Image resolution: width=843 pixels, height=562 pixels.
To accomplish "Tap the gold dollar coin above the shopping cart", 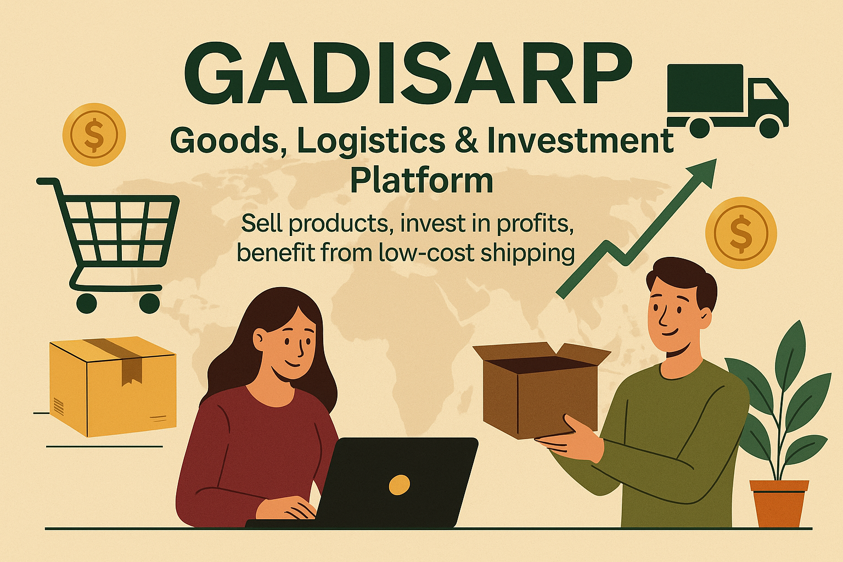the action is point(94,134).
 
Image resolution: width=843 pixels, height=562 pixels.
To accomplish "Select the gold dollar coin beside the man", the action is point(741,233).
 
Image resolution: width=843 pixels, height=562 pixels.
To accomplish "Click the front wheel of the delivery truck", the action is point(769,127).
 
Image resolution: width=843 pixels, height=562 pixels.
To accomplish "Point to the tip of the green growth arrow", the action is point(716,159).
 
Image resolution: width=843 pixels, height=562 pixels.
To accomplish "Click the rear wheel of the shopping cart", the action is point(87,303).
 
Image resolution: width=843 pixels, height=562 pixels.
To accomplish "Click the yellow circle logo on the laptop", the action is point(400,485).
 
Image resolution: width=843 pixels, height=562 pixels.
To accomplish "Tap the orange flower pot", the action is point(779,504).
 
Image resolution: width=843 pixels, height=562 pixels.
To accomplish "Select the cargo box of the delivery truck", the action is point(705,88).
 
